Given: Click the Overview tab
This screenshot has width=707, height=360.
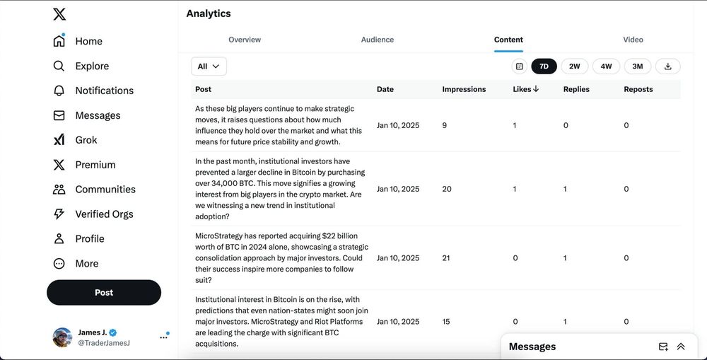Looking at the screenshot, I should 245,40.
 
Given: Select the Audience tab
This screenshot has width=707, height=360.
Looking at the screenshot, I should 378,40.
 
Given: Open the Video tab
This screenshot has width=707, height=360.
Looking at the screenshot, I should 633,40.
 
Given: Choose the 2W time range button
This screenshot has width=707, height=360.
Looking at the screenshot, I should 575,66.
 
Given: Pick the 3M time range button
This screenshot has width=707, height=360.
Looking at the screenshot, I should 637,66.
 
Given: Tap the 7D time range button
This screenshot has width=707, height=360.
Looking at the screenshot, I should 544,66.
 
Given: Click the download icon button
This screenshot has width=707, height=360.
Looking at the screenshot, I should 668,66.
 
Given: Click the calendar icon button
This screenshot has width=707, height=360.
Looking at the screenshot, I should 520,66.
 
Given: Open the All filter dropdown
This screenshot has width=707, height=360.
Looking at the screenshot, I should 209,66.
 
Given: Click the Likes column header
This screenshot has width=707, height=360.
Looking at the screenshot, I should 525,89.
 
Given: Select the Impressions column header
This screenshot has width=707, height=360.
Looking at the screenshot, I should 464,89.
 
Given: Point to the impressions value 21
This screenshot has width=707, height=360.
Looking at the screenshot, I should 446,258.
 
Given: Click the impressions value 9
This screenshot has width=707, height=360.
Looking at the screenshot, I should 444,125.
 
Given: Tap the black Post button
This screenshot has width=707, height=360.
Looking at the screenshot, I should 104,292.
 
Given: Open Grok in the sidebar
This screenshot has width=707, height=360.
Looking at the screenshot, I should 86,140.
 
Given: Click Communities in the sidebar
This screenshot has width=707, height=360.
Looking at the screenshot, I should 105,190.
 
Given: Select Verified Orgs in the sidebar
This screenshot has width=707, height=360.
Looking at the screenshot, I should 104,214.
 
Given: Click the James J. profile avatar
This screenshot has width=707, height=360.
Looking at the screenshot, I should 62,337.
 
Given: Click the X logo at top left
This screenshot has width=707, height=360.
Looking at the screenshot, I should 59,14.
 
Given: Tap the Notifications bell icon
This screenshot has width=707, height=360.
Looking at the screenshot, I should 59,91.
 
